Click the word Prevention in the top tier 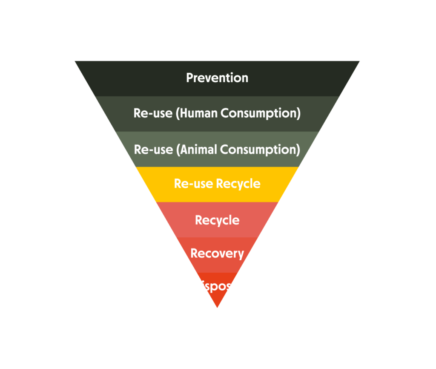[217, 78]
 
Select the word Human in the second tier [194, 113]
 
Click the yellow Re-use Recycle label [217, 184]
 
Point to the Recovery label [217, 254]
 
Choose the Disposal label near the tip [217, 285]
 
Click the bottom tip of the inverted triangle [217, 306]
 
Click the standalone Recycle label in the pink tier [217, 220]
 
